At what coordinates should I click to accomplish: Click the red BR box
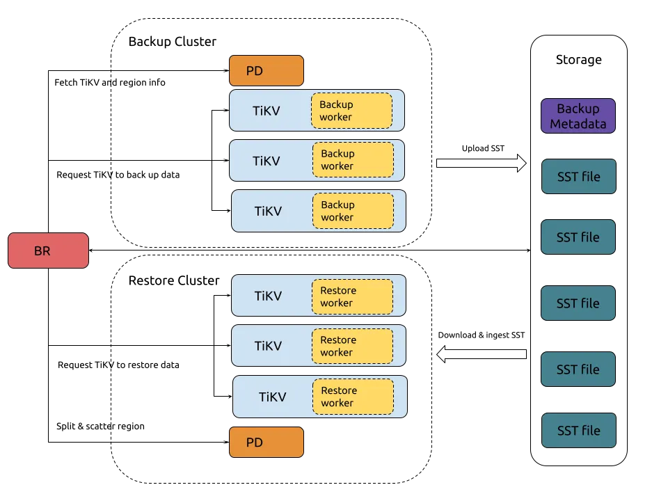[48, 250]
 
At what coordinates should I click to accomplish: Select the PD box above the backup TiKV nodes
[267, 71]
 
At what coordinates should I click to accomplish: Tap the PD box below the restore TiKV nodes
[267, 443]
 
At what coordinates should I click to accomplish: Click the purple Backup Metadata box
[578, 116]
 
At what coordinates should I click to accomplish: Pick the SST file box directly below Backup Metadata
[578, 177]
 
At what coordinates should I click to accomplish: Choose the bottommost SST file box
[578, 431]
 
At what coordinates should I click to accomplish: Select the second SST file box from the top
[578, 237]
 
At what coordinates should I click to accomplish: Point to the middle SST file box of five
[578, 303]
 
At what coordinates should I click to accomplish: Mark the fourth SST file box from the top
[578, 369]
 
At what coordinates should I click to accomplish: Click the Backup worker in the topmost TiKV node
[351, 111]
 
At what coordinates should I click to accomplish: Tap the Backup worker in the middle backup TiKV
[353, 160]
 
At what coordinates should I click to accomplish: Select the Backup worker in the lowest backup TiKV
[353, 211]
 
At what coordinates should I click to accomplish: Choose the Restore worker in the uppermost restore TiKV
[352, 296]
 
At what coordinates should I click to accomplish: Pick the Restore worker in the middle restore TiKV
[352, 346]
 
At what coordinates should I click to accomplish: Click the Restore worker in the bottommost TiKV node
[353, 397]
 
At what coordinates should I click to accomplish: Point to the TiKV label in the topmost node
[266, 111]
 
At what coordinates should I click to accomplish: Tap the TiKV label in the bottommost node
[272, 397]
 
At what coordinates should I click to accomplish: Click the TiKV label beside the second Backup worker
[266, 161]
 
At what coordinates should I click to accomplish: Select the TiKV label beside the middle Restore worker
[268, 346]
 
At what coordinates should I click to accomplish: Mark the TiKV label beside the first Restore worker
[268, 296]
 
